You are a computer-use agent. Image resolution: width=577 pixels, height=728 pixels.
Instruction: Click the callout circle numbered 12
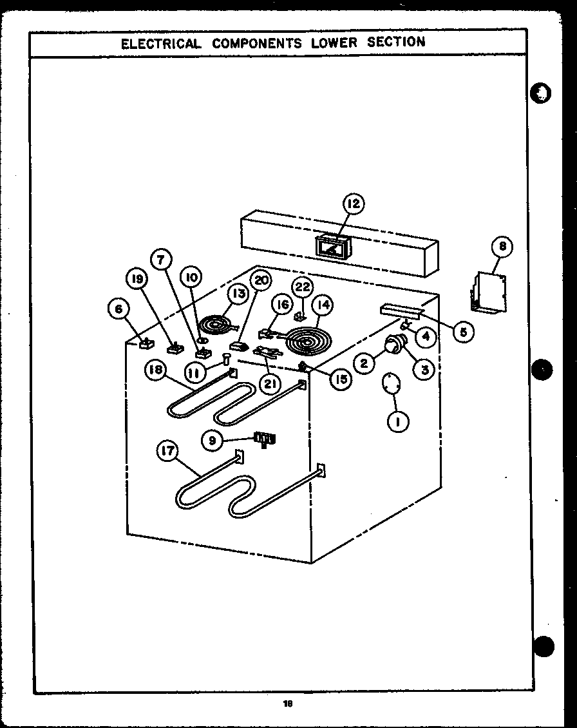[352, 205]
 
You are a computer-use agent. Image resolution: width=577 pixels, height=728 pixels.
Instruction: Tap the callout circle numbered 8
[502, 246]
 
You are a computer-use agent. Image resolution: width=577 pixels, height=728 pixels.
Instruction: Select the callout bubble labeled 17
[167, 452]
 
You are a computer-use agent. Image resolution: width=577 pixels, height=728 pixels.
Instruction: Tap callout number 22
[302, 287]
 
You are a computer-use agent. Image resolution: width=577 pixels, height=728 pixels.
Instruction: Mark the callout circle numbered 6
[118, 310]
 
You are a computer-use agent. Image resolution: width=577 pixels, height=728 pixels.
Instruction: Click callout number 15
[340, 379]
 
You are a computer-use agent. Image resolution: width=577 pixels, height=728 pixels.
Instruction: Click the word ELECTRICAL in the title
[161, 43]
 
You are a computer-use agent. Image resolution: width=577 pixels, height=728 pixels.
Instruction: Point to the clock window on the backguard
[333, 247]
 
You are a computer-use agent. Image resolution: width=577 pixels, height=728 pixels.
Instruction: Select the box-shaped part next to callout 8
[487, 293]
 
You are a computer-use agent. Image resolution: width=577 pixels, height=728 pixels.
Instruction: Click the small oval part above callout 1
[390, 384]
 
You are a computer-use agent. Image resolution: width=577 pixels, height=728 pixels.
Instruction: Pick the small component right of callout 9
[265, 439]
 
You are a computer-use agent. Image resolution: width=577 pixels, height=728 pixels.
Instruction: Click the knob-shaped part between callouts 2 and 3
[393, 347]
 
